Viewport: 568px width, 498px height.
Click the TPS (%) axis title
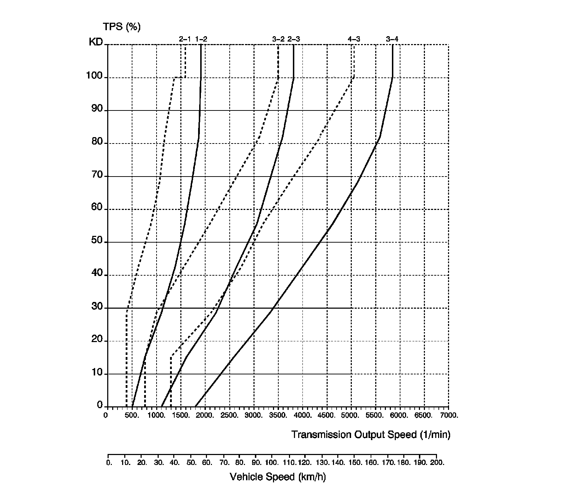(121, 27)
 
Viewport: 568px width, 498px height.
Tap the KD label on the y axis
(95, 42)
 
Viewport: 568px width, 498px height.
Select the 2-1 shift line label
(185, 39)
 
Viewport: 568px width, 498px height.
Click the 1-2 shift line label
(201, 39)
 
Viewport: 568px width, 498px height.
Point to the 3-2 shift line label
(278, 39)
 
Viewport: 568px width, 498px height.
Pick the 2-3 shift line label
(294, 39)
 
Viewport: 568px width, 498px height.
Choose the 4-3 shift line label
(354, 39)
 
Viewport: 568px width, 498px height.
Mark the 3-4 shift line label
(392, 39)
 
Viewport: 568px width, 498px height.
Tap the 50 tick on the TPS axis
(97, 241)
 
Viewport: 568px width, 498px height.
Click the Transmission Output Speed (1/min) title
(371, 434)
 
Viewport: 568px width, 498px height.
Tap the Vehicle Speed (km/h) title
(278, 477)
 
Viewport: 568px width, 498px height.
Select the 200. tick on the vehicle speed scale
(437, 463)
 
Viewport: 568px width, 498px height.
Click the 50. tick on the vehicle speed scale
(191, 463)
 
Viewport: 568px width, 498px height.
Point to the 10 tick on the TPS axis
(97, 373)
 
